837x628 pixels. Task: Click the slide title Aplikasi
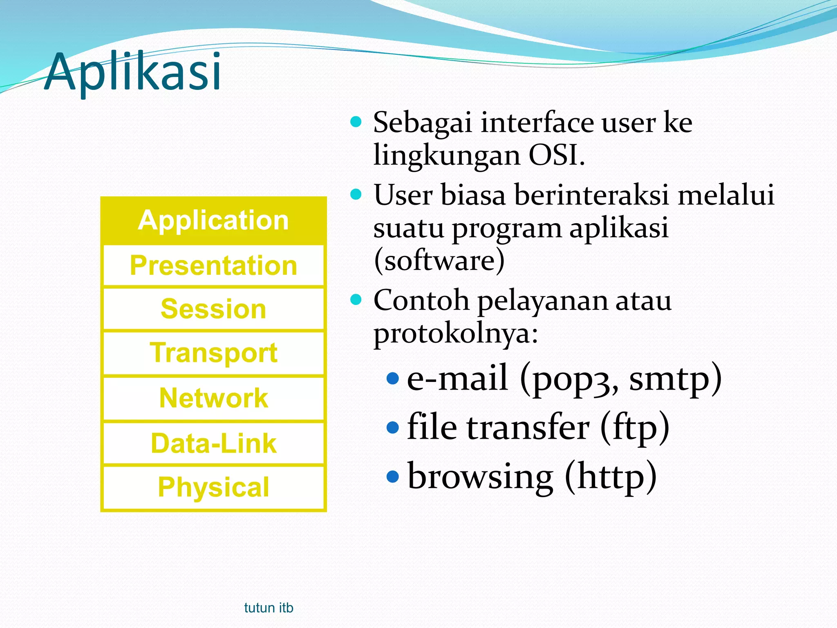133,72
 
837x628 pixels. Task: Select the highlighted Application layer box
213,221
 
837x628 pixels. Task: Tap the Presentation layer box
213,266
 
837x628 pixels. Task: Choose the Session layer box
213,309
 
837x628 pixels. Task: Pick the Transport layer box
213,353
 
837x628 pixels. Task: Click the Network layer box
213,398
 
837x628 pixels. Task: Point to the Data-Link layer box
213,444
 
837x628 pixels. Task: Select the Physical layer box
213,487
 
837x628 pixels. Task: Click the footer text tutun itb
269,608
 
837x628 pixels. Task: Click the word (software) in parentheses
439,261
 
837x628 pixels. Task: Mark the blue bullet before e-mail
392,379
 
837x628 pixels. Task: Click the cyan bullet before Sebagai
356,122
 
